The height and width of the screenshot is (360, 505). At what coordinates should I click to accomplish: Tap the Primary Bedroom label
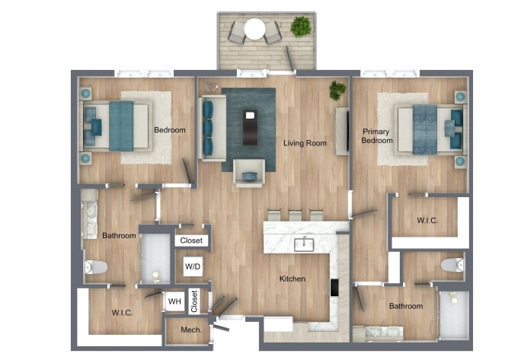(x=376, y=136)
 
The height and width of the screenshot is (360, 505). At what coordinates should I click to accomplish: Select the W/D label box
(x=193, y=267)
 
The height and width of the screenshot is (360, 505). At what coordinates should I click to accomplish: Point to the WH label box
(x=174, y=302)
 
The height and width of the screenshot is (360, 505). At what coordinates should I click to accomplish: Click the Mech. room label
(x=190, y=330)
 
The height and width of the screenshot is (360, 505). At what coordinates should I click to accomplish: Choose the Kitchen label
(x=292, y=279)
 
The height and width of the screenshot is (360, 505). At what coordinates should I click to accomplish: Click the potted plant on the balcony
(x=300, y=27)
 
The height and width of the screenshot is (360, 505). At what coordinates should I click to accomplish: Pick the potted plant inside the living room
(x=336, y=91)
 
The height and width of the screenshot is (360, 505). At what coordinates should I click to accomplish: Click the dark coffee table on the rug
(x=248, y=126)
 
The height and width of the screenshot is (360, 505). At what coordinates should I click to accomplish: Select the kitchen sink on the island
(x=305, y=244)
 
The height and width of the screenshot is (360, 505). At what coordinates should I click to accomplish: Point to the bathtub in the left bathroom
(x=155, y=258)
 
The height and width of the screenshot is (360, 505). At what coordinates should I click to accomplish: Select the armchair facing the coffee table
(x=249, y=174)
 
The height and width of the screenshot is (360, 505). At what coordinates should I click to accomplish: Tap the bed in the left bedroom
(x=118, y=126)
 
